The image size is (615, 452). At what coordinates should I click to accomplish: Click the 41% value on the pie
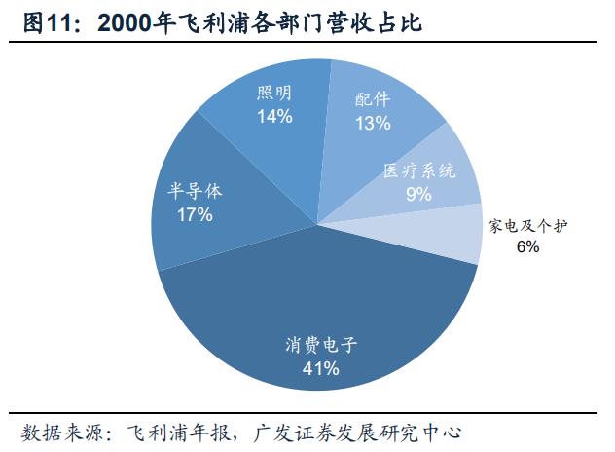320,368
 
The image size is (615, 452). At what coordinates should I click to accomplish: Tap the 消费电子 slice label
320,345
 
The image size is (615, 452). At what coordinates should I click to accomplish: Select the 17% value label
195,214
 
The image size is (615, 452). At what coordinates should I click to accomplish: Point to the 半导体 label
195,191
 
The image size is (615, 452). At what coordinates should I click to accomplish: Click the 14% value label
275,116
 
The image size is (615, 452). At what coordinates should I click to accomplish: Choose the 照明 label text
275,94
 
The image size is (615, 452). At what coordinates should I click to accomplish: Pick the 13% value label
373,123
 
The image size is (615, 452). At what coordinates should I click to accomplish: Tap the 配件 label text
373,99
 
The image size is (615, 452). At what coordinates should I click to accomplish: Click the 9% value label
418,194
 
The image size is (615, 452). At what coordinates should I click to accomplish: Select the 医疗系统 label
419,170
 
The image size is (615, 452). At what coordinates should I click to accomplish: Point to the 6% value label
527,247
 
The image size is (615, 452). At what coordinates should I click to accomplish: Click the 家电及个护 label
527,226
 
